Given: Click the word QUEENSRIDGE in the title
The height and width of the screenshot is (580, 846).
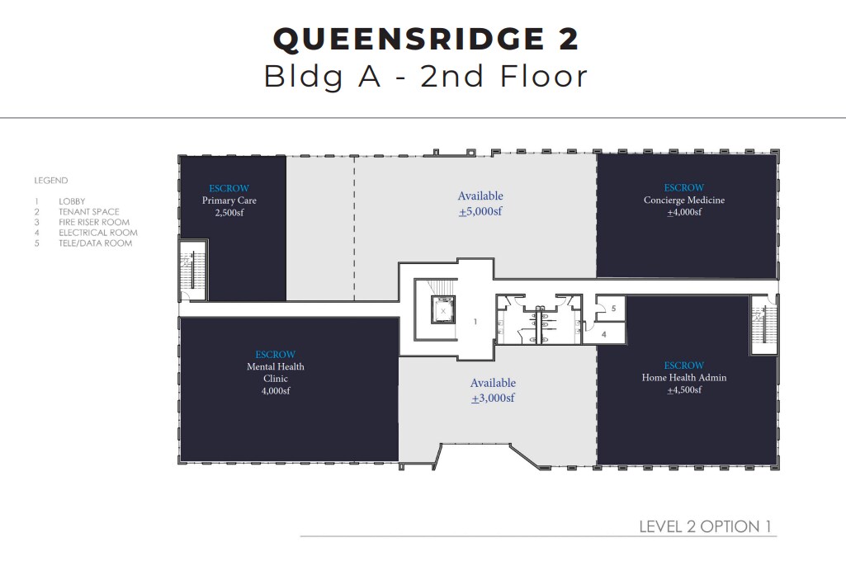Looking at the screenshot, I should (x=388, y=40).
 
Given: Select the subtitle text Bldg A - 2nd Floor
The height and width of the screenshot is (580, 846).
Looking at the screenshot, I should (x=425, y=77).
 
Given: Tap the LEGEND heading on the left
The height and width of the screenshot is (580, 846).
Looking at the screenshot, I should (x=51, y=181).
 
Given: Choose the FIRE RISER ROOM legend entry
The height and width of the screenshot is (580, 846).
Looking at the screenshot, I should (x=94, y=223).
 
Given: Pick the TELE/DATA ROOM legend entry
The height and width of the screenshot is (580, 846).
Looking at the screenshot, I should (x=95, y=243).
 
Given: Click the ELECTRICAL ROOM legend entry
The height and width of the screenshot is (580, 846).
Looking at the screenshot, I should (x=98, y=233).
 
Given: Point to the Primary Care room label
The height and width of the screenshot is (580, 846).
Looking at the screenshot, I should (x=229, y=200).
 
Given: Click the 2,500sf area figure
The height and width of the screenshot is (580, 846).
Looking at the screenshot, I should (x=229, y=213).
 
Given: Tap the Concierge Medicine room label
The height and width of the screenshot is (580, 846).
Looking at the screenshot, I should (x=684, y=200).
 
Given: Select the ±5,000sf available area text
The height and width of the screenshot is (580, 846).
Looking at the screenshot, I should (x=480, y=212).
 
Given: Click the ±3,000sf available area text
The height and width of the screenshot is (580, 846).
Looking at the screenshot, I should (x=493, y=398).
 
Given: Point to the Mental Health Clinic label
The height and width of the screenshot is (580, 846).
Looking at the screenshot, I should (x=275, y=372).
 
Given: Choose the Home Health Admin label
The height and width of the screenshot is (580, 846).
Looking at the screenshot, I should (x=684, y=378).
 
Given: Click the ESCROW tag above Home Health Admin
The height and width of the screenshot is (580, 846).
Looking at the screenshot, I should (x=684, y=365).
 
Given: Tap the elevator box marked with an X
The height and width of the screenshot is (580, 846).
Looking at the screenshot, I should (x=443, y=311).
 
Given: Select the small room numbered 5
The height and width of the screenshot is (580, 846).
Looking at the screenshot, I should (x=612, y=309).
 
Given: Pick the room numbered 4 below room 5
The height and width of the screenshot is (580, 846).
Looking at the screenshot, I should (x=603, y=334).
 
